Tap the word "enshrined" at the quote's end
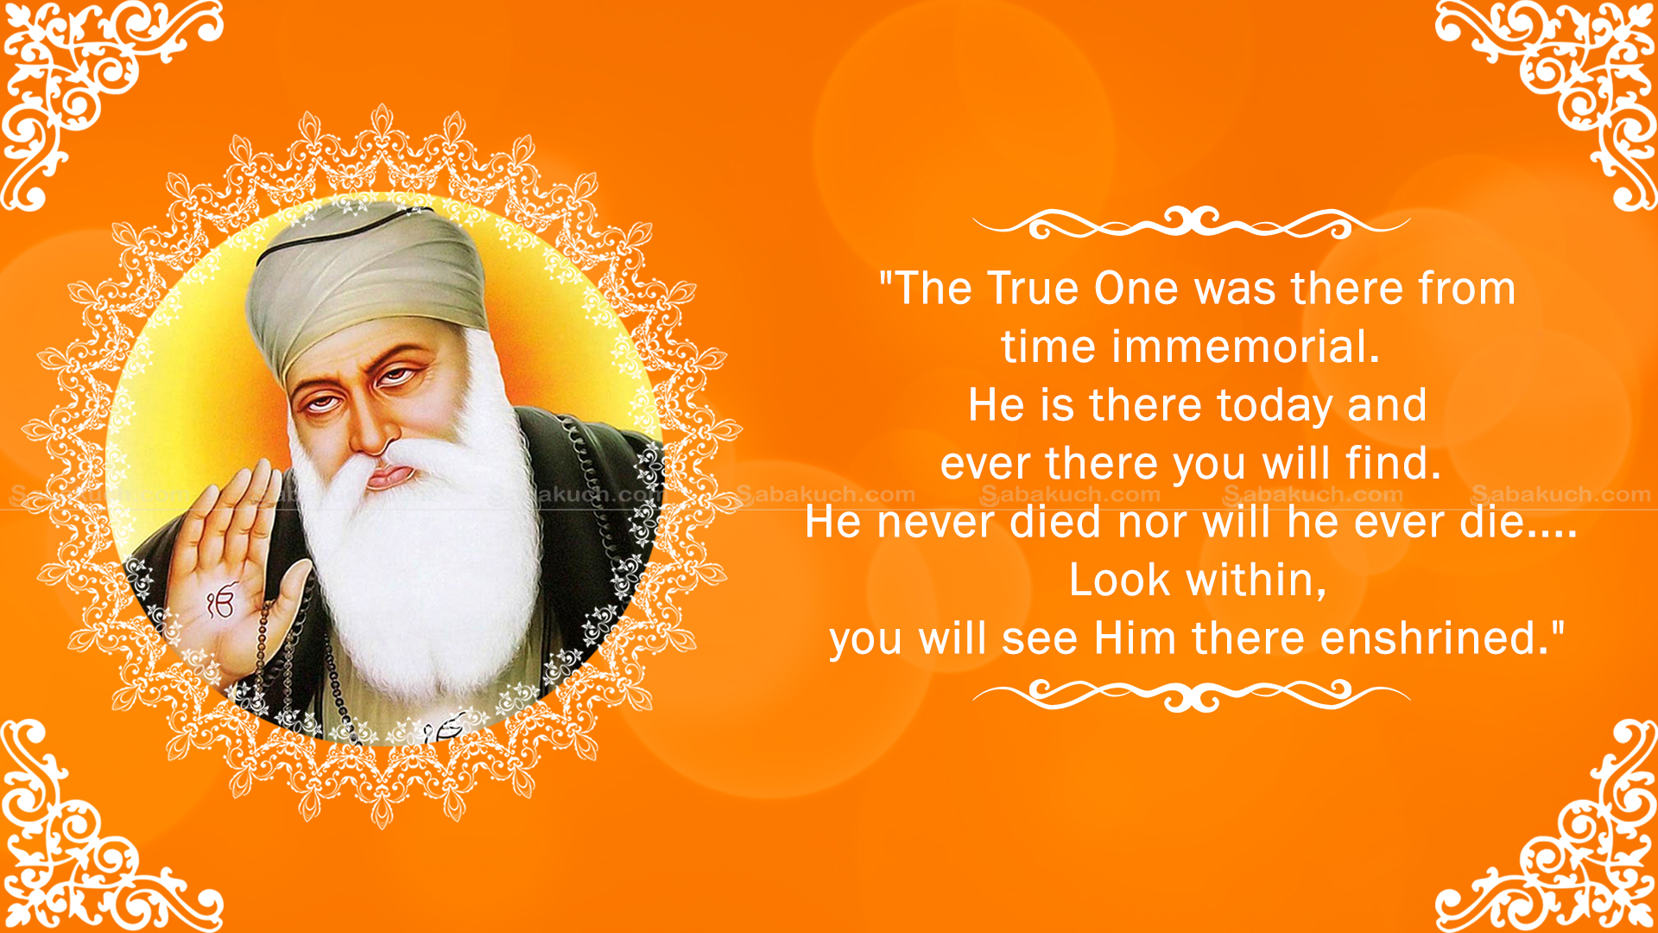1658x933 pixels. [1433, 638]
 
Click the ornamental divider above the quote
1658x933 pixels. [1192, 223]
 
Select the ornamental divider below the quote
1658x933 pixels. [1192, 694]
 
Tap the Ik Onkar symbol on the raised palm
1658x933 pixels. [220, 603]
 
